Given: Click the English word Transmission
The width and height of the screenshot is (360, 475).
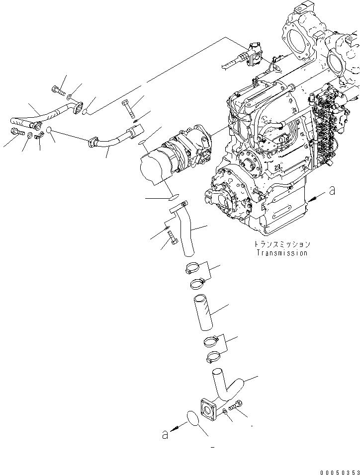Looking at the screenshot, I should [x=281, y=253].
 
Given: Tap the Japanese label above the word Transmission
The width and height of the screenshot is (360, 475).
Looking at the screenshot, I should [x=281, y=244].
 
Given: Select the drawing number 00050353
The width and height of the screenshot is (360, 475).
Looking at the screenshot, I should [x=339, y=471].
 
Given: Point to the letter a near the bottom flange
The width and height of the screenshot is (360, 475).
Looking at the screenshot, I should [x=165, y=434].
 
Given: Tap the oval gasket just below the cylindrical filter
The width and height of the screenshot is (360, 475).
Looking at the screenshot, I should [x=175, y=197].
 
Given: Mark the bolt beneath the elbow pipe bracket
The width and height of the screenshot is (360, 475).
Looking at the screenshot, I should [x=173, y=237].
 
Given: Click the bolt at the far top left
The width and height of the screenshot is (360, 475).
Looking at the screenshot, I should [x=58, y=90].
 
